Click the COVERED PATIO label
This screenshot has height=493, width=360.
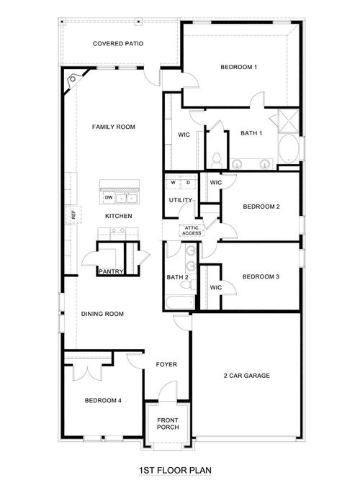118,44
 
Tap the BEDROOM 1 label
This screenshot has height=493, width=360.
238,68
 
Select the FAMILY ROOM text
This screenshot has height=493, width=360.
114,127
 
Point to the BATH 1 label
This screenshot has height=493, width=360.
251,133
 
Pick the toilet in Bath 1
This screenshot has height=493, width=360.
216,158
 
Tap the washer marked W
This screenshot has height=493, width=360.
174,183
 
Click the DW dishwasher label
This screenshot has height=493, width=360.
108,196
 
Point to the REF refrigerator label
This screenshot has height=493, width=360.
73,214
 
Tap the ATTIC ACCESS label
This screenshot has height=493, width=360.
192,230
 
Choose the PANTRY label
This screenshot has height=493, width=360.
111,271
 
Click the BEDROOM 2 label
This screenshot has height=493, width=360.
261,207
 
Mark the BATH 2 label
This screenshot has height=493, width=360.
177,277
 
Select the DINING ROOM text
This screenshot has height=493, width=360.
103,314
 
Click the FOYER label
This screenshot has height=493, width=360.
166,364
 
